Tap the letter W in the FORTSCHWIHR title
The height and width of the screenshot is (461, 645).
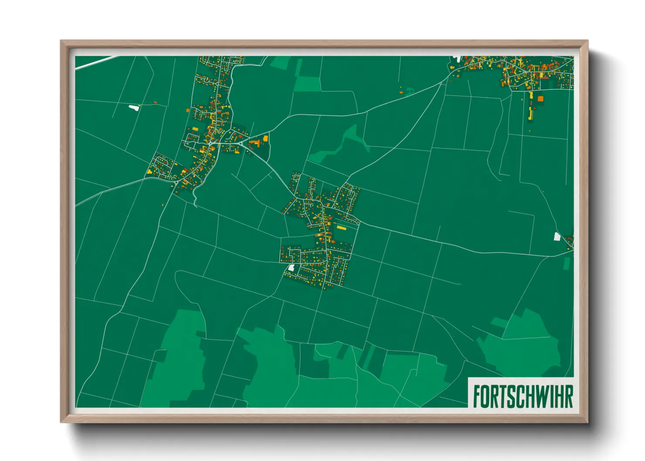point(544,396)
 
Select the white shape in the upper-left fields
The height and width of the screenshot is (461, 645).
point(133,107)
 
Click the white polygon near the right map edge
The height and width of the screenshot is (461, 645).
point(557,237)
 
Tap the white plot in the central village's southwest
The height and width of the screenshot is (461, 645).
point(291,268)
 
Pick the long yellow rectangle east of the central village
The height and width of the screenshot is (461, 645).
point(341,227)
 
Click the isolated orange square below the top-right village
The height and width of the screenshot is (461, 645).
point(540,99)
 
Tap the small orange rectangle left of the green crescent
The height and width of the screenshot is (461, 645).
point(401,92)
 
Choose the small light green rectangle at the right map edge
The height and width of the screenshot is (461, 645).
point(567,263)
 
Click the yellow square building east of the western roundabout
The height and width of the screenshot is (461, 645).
point(265,138)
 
